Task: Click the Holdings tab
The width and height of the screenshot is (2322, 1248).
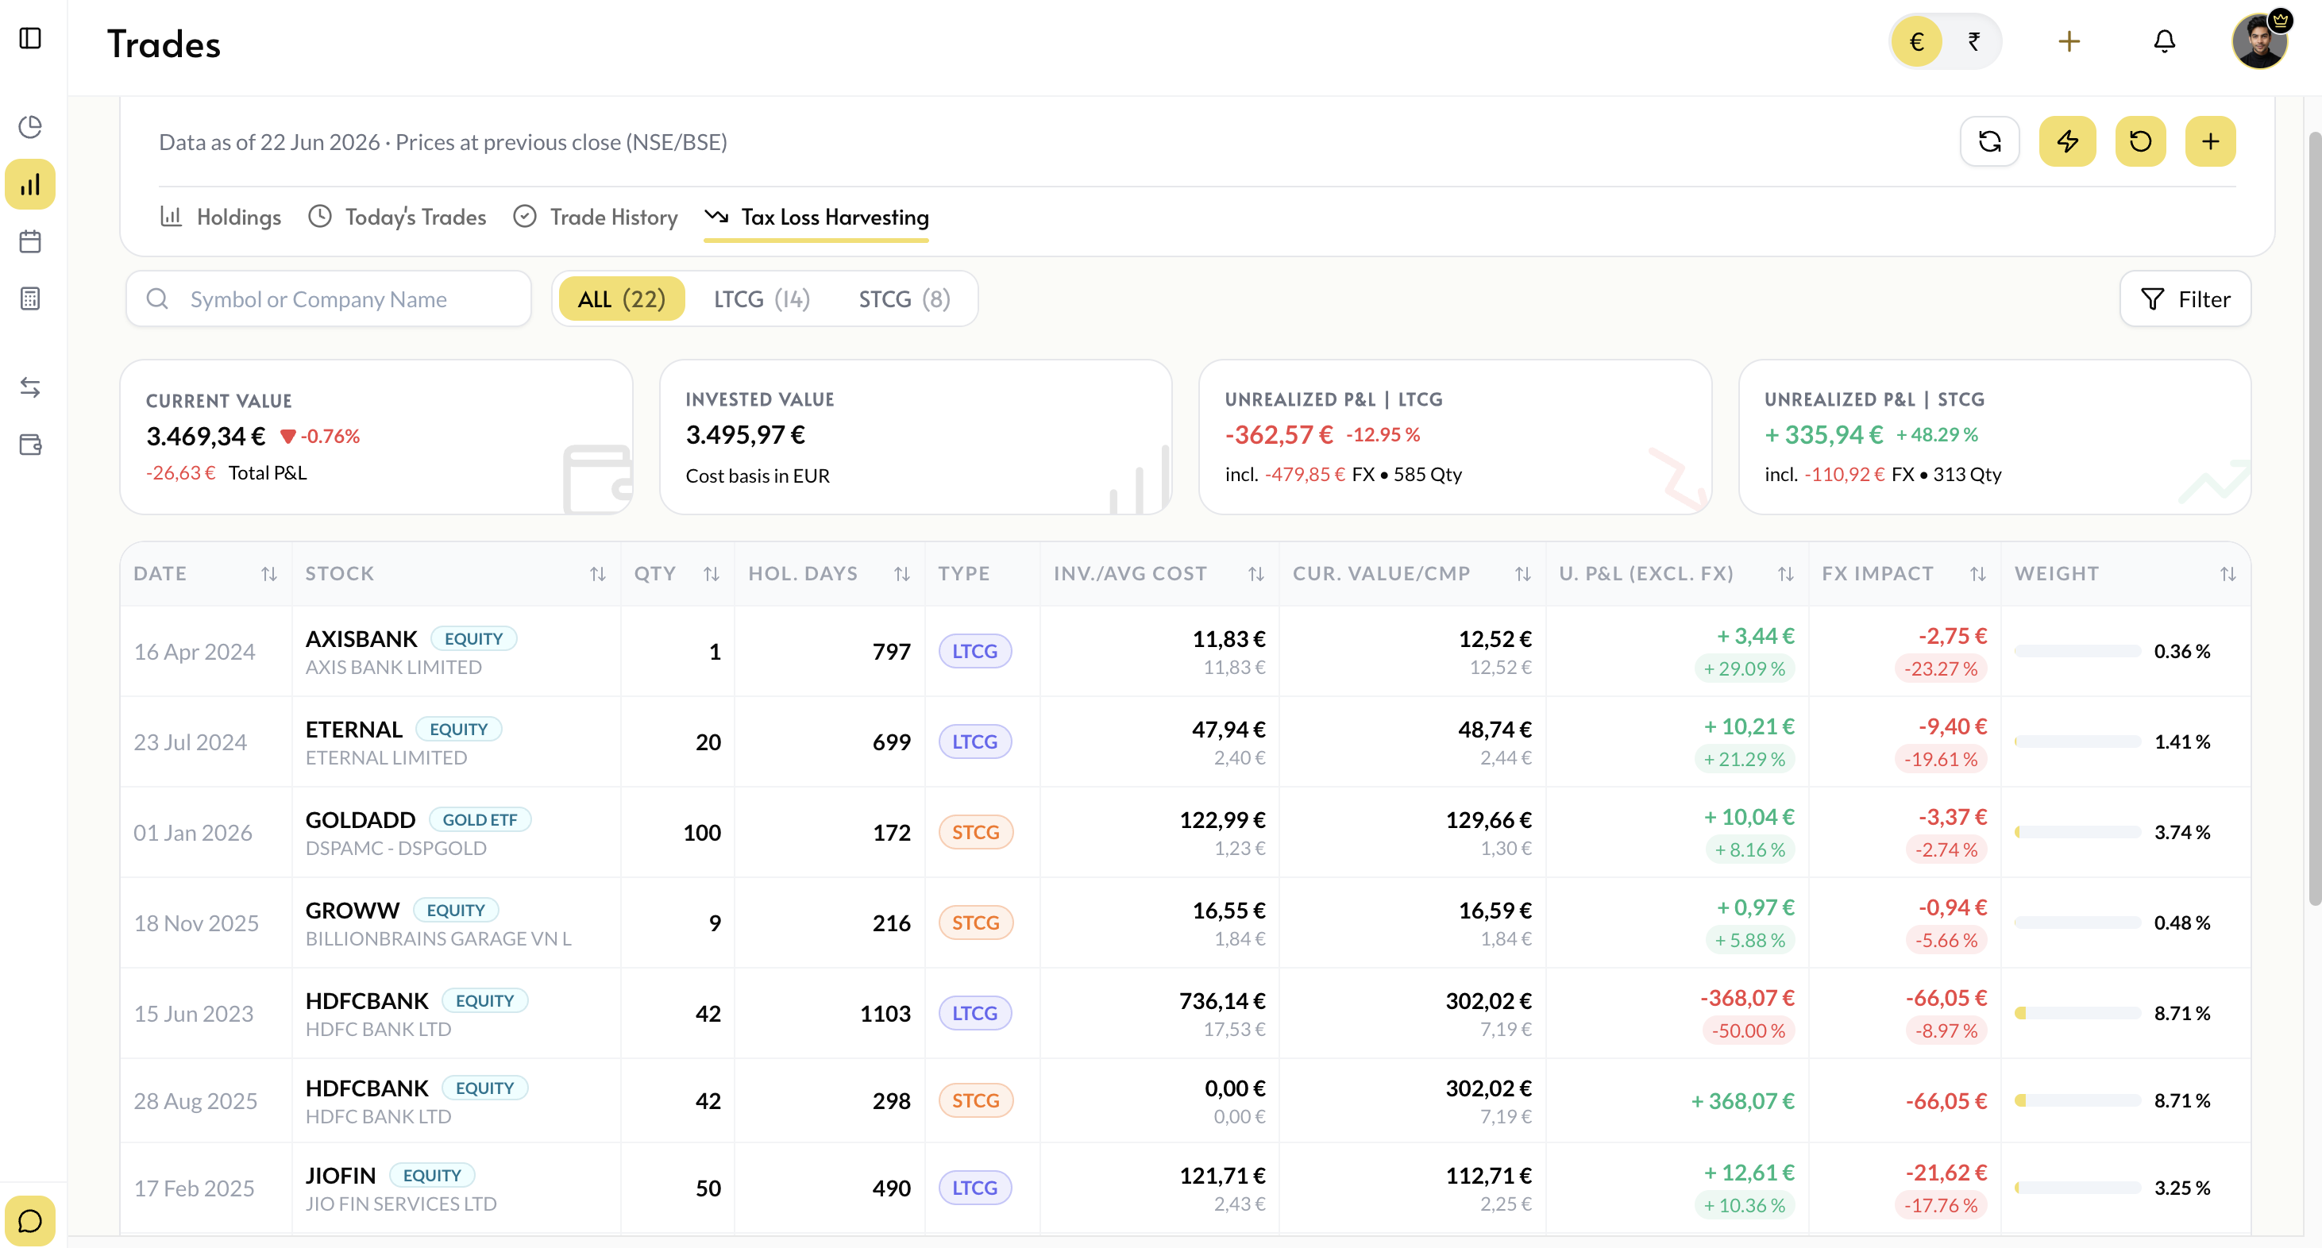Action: pyautogui.click(x=221, y=218)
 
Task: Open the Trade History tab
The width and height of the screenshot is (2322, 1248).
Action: pyautogui.click(x=595, y=218)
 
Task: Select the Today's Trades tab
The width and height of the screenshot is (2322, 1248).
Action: pyautogui.click(x=396, y=218)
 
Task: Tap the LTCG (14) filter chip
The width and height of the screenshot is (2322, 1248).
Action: pyautogui.click(x=762, y=299)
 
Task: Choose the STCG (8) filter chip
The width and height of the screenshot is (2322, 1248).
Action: pyautogui.click(x=904, y=299)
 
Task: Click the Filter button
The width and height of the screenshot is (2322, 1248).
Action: pyautogui.click(x=2185, y=299)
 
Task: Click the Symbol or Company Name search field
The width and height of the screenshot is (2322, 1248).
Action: pyautogui.click(x=329, y=299)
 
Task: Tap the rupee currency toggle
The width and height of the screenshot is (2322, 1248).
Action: pyautogui.click(x=1973, y=41)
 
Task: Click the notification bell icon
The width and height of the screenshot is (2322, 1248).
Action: pyautogui.click(x=2164, y=41)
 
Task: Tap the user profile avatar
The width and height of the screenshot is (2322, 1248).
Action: pyautogui.click(x=2259, y=41)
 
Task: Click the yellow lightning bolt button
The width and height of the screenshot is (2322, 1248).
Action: pyautogui.click(x=2067, y=141)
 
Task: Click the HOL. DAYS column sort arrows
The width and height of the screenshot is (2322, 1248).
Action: pyautogui.click(x=901, y=574)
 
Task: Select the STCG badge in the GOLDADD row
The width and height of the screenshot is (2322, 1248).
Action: pyautogui.click(x=975, y=833)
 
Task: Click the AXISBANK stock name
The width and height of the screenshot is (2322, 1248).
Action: pyautogui.click(x=361, y=639)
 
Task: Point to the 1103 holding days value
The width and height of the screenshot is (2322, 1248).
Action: pyautogui.click(x=885, y=1014)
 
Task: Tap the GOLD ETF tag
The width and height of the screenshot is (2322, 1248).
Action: pyautogui.click(x=480, y=820)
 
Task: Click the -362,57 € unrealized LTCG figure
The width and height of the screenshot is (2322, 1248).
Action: pyautogui.click(x=1279, y=435)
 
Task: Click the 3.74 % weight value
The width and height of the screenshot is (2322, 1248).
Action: pyautogui.click(x=2181, y=833)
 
